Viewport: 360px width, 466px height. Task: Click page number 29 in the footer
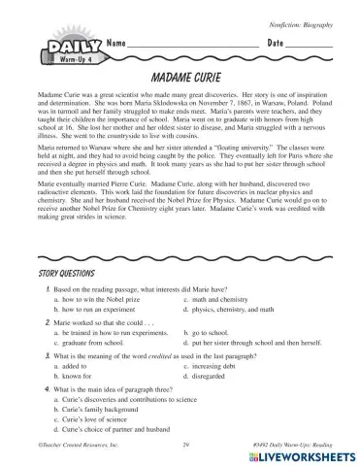point(184,443)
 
